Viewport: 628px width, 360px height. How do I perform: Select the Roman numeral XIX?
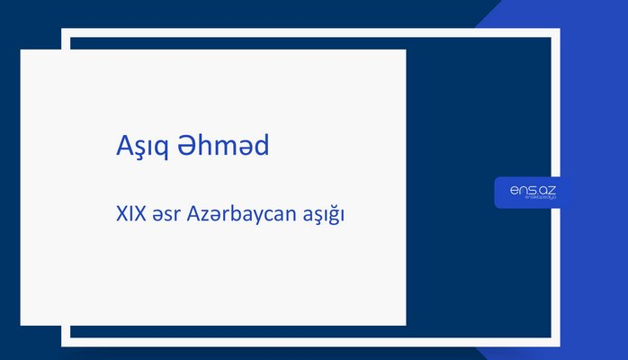(x=131, y=216)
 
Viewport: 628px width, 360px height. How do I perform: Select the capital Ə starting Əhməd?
(x=190, y=146)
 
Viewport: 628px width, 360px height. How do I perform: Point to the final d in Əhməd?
(x=259, y=145)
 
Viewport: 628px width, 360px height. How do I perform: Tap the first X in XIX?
(x=121, y=216)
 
